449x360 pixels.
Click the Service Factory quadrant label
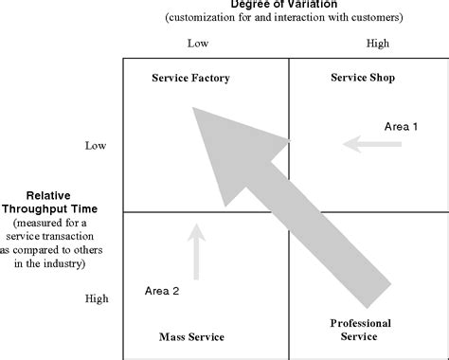point(190,78)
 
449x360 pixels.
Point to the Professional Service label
point(361,330)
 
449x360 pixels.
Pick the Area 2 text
point(162,291)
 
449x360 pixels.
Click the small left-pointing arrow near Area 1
point(372,144)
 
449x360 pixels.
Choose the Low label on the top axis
point(197,44)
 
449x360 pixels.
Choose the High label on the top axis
point(378,44)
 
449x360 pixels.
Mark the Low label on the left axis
point(96,145)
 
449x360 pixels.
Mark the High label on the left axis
point(97,298)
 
